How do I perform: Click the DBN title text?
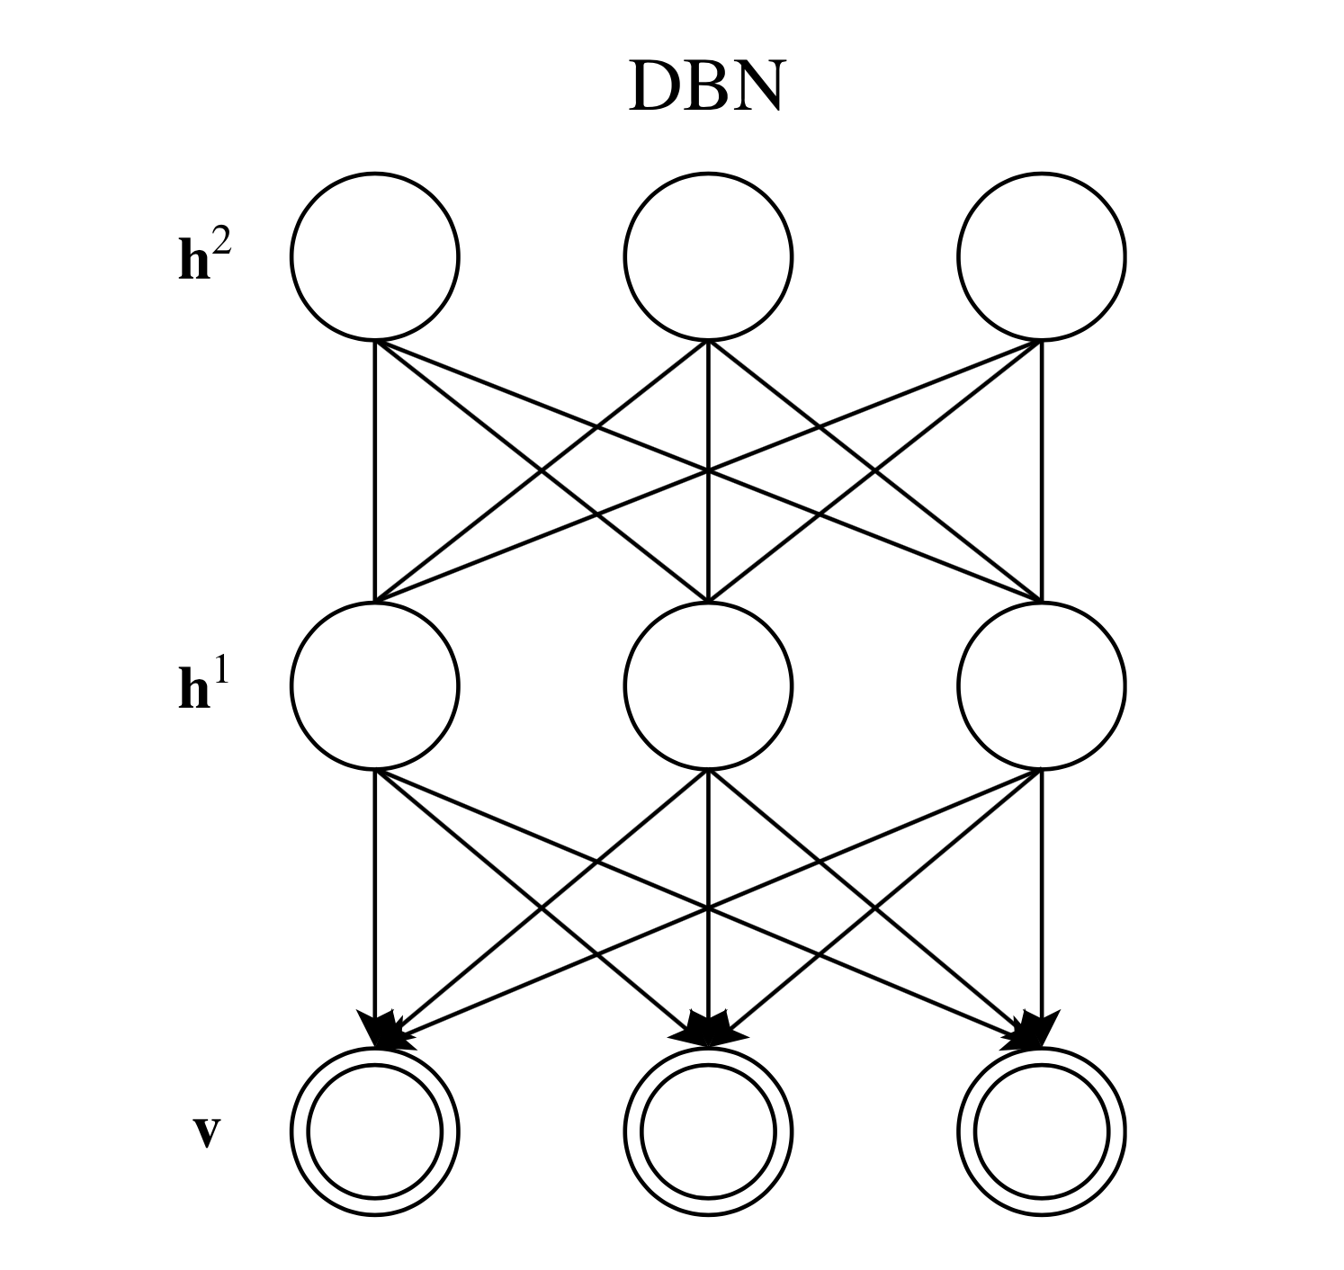pos(705,88)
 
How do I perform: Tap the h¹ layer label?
pos(204,688)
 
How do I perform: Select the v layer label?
pos(206,1133)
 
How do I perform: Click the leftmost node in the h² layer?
pos(374,257)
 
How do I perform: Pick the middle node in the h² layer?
pos(708,257)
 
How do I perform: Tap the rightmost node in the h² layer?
pos(1041,257)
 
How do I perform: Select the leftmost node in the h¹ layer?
pos(374,685)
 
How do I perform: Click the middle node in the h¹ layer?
pos(708,685)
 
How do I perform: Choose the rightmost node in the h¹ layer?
pos(1041,685)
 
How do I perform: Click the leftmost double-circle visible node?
pos(374,1131)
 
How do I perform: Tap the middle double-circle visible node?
pos(708,1131)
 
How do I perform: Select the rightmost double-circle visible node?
pos(1041,1131)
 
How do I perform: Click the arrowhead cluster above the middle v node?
pos(710,1028)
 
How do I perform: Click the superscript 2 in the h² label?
pos(220,244)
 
